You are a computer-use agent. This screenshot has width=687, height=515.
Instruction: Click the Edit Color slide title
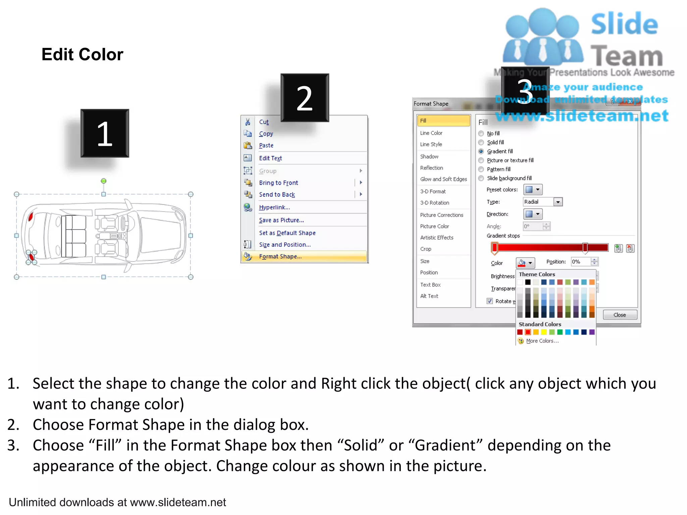pos(82,55)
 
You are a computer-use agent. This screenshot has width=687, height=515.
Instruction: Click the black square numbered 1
pos(105,133)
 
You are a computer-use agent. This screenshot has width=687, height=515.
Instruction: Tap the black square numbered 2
pos(305,98)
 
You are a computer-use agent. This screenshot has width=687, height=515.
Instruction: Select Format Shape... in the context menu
pos(280,256)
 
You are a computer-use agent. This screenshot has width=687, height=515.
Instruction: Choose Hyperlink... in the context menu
pos(274,208)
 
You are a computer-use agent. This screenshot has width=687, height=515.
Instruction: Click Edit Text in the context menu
pos(270,158)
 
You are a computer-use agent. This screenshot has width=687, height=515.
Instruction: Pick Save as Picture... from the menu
pos(281,220)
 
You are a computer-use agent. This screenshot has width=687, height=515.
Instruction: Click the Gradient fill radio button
pos(481,152)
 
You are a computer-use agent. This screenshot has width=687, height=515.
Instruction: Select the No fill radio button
pos(481,133)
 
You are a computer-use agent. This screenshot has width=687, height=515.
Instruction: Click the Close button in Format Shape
pos(620,315)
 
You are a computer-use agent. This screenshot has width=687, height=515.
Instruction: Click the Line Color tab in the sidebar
pos(431,133)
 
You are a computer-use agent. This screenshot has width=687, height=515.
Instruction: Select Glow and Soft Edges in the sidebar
pos(443,179)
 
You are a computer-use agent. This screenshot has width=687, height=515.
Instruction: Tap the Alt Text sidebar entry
pos(429,296)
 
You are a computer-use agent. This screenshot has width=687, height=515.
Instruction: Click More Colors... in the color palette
pos(542,341)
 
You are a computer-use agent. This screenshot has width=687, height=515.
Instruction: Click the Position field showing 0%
pos(580,262)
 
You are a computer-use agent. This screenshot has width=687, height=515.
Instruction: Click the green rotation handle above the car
pos(104,181)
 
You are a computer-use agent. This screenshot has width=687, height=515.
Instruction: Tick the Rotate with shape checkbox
pos(490,301)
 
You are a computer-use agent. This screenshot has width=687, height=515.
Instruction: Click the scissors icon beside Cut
pos(248,122)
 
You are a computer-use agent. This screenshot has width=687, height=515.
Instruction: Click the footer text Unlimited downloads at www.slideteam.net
pos(117,502)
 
